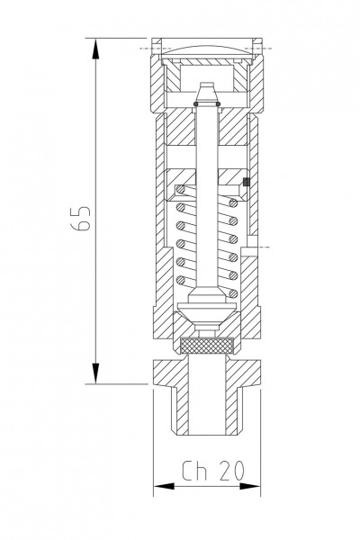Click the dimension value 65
tap(81, 219)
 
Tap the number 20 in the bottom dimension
tap(231, 470)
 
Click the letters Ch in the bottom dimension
tap(194, 470)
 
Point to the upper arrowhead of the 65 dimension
tap(95, 49)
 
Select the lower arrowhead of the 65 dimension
tap(95, 373)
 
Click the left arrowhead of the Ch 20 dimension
tap(164, 486)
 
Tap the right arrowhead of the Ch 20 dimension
tap(250, 486)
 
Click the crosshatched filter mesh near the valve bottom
tap(207, 346)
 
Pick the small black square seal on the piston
tap(246, 182)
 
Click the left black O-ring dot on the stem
tap(195, 103)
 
